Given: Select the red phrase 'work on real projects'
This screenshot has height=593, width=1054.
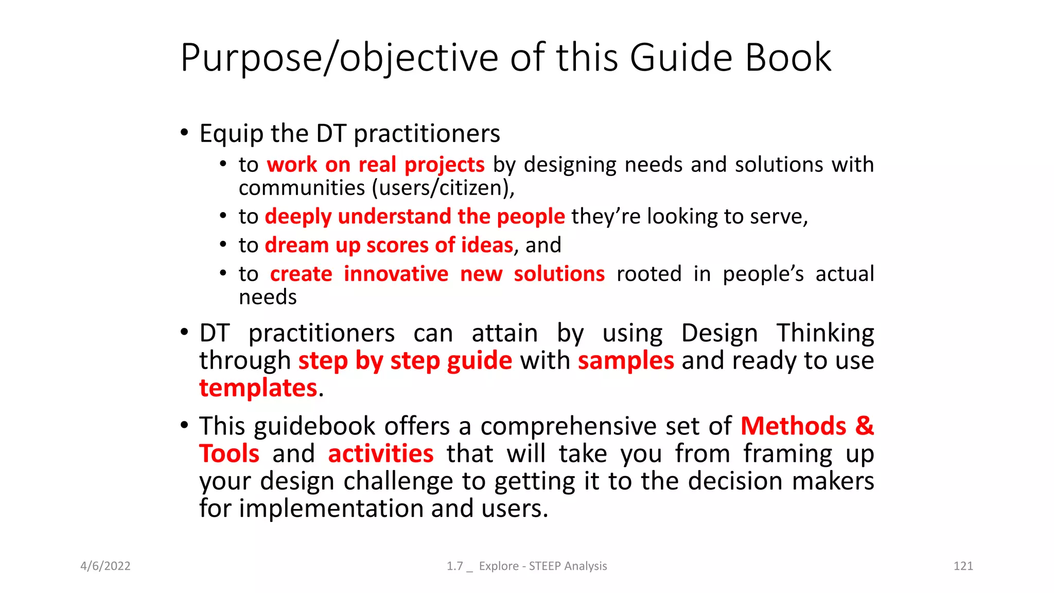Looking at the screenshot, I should coord(375,165).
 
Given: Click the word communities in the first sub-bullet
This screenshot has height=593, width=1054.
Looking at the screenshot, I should coord(302,188).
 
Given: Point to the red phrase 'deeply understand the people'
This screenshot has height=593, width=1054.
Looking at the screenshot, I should coord(415,216).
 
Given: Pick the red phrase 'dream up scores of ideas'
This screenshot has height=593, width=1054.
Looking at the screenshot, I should coord(389,245).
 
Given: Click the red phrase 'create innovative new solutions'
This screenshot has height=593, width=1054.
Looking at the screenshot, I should coord(437,274).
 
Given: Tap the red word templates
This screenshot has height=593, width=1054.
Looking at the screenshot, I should coord(258,388).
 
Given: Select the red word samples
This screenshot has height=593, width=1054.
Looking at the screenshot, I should coord(626,360).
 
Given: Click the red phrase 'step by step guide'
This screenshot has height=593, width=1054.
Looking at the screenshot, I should coord(405,360).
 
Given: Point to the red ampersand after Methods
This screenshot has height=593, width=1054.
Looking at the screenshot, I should coord(865,426).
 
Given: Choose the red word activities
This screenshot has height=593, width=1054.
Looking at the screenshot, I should coord(381,454).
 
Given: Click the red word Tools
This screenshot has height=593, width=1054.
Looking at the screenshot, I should coord(230,454).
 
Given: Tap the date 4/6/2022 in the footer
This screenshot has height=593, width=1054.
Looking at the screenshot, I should coord(106,566).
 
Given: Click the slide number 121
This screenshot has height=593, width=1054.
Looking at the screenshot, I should coord(963,566).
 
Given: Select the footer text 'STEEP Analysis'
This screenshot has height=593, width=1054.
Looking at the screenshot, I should coord(568,566).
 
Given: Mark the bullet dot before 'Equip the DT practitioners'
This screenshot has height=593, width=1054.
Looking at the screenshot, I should coord(185,133).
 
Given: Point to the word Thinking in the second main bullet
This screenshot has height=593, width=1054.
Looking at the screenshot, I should coord(825,333).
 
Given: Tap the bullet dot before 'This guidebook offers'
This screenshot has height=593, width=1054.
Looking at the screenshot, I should coord(185,425).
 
